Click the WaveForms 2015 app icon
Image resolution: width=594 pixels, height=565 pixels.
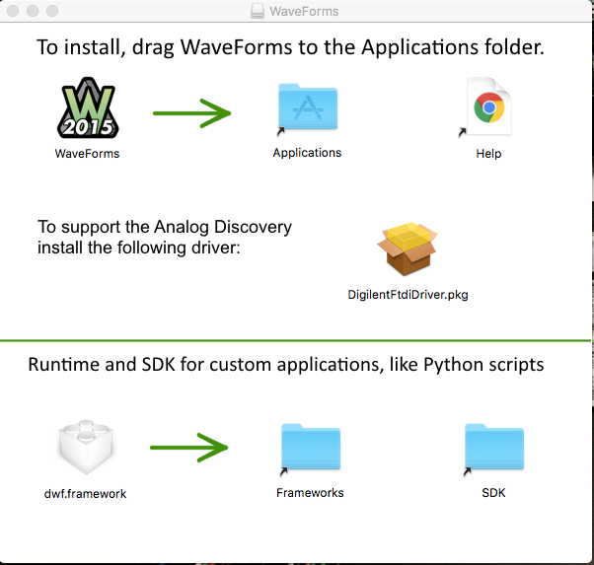point(88,107)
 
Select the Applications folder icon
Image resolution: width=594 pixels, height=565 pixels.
point(308,107)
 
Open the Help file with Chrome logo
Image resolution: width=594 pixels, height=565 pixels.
point(489,106)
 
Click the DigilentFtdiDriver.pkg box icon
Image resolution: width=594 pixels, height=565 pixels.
point(408,248)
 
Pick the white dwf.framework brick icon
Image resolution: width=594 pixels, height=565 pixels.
point(86,447)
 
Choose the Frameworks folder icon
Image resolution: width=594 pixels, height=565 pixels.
point(311,448)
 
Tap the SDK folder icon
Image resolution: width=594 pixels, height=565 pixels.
point(494,448)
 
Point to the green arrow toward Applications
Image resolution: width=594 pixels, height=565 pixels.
point(191,113)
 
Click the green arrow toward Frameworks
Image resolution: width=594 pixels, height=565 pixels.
point(189,448)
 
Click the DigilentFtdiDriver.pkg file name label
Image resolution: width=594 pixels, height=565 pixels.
point(408,295)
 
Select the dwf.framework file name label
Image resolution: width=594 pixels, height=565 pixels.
point(85,494)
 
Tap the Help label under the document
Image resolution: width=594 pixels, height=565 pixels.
point(488,154)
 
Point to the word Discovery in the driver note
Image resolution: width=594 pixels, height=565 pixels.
point(253,227)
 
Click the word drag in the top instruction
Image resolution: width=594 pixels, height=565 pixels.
point(153,47)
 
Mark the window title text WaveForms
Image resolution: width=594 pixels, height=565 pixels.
point(304,12)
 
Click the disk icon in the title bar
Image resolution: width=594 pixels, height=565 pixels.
point(258,12)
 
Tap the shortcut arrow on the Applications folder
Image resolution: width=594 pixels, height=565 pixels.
point(281,131)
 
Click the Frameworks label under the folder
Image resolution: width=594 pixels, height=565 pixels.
point(310,493)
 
